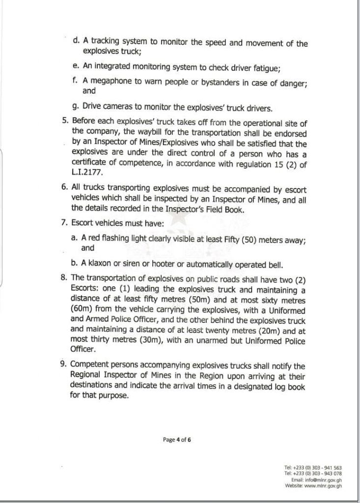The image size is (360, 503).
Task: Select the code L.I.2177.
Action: tap(88, 172)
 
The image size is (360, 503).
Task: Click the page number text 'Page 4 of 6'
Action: tap(177, 440)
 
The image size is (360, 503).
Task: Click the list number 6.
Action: tap(63, 189)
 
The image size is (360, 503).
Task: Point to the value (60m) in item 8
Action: tap(82, 310)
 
